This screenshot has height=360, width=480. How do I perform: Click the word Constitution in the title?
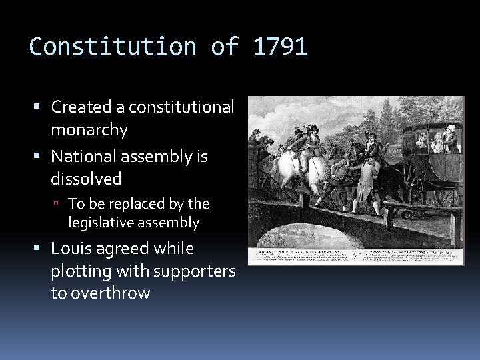point(111,47)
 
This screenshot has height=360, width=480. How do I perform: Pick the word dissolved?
point(86,179)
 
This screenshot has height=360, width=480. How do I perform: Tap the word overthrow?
point(101,293)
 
